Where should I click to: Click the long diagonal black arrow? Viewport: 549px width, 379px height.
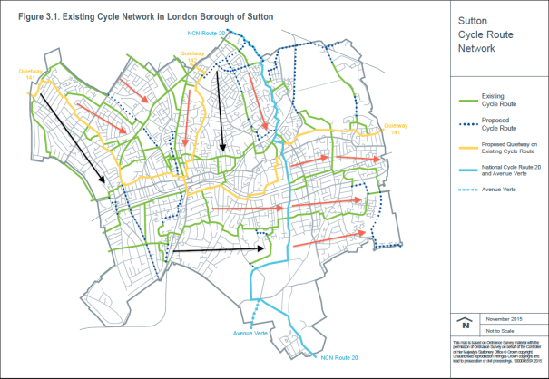(77, 137)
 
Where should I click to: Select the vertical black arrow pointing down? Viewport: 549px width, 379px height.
(220, 112)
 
